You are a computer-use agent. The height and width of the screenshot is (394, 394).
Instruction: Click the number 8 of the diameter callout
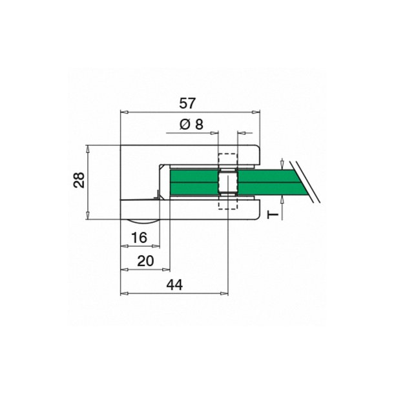tap(198, 125)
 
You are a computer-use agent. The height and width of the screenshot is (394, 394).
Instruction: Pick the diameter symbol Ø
tap(184, 125)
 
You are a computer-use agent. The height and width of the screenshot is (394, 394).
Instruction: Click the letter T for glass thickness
tap(273, 213)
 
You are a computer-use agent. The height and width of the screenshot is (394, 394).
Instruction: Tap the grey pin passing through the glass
tap(228, 181)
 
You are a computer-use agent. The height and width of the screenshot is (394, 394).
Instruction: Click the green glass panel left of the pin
tap(194, 181)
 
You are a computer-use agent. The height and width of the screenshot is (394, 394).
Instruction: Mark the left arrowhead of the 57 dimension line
tap(123, 112)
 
